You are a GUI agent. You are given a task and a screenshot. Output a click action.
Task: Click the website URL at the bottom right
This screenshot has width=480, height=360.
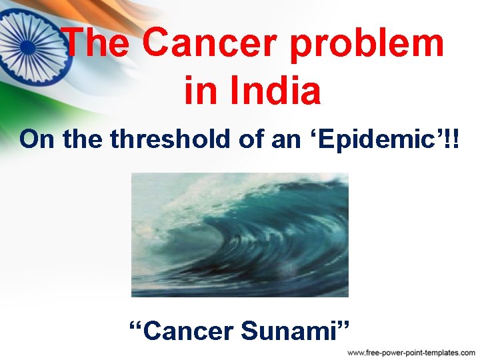coord(411,351)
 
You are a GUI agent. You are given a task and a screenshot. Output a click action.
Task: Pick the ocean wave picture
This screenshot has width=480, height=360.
coord(239,235)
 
